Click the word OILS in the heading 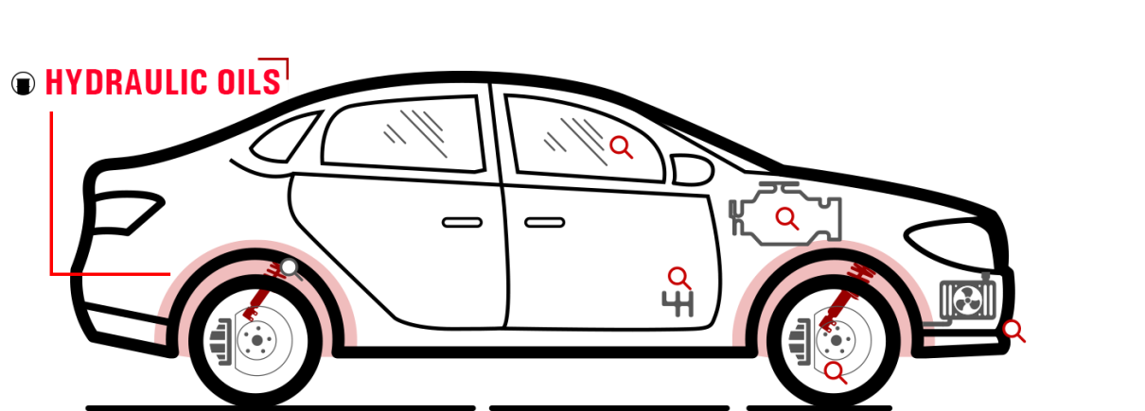tap(250, 82)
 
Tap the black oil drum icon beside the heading tap(23, 83)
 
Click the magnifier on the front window tap(622, 147)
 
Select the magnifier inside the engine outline tap(787, 218)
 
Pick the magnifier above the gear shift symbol tap(679, 279)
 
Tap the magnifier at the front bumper tap(1013, 331)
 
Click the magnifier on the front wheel tap(836, 372)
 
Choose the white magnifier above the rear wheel tap(291, 268)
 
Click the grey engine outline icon tap(785, 214)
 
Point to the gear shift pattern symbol tap(678, 304)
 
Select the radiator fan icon tap(967, 300)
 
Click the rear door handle tap(462, 223)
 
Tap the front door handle tap(545, 223)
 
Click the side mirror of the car tap(692, 170)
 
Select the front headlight tap(951, 243)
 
